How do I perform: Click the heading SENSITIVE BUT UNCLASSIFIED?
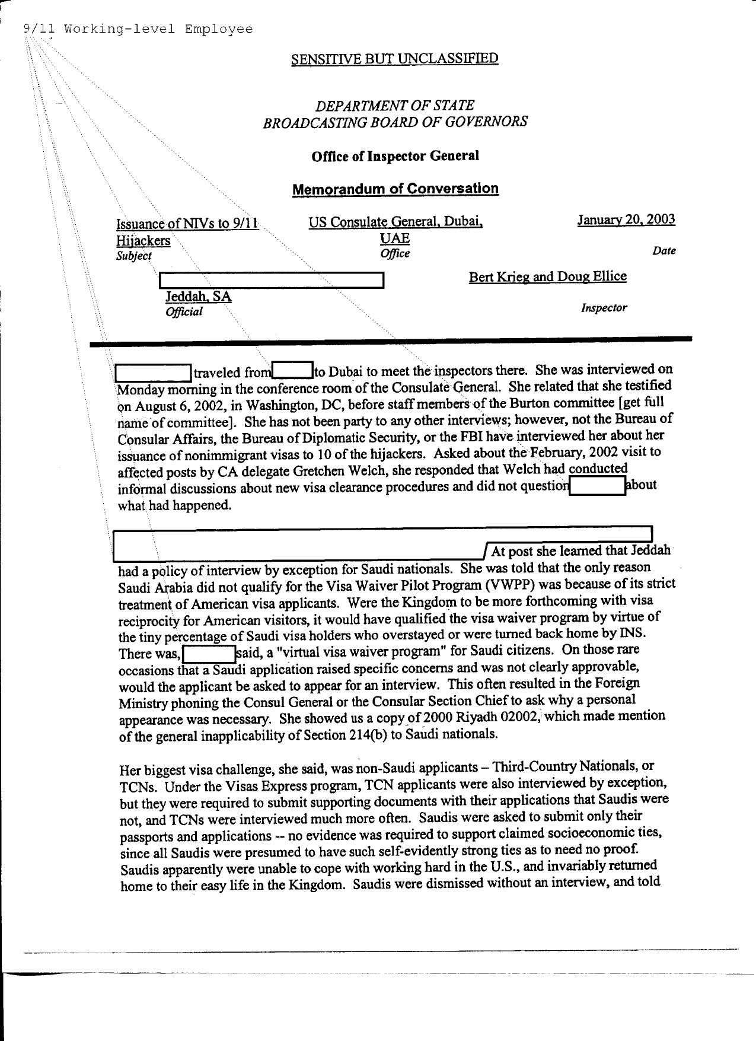(394, 59)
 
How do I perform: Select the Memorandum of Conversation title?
(395, 189)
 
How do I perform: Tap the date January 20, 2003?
(626, 220)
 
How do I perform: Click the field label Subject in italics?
(133, 256)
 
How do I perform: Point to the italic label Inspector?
(604, 308)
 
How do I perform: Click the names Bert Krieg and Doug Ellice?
(547, 277)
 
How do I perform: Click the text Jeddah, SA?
(198, 297)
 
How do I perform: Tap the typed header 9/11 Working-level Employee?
(138, 29)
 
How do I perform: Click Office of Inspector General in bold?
(395, 156)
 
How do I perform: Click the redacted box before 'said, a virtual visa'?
(209, 654)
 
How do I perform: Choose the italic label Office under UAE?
(395, 254)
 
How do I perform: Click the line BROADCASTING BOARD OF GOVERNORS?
(395, 122)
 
